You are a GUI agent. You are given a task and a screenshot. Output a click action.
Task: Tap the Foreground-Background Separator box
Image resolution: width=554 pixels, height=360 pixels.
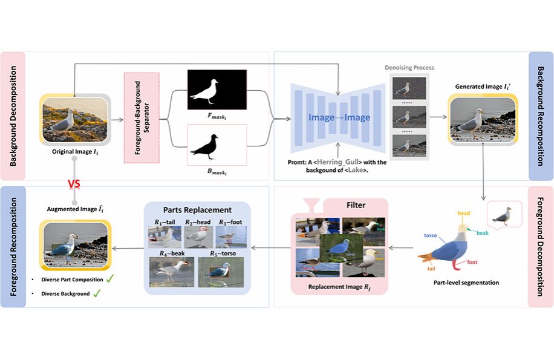click(141, 118)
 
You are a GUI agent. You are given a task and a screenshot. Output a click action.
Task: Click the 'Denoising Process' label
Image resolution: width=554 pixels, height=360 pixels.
click(409, 68)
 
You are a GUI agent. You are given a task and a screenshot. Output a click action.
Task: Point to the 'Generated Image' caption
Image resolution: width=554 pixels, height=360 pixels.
click(481, 87)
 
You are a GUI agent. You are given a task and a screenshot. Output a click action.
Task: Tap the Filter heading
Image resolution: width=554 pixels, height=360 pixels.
click(356, 205)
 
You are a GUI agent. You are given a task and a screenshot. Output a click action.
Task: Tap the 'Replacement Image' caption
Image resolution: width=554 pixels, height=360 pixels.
click(339, 287)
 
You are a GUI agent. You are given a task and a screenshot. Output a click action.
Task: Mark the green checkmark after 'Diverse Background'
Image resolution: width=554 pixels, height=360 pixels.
click(96, 293)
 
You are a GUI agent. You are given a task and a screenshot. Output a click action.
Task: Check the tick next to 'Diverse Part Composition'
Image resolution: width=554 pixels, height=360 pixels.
click(110, 279)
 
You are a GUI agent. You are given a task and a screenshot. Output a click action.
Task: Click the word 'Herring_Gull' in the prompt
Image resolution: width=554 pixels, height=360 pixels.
click(332, 162)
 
